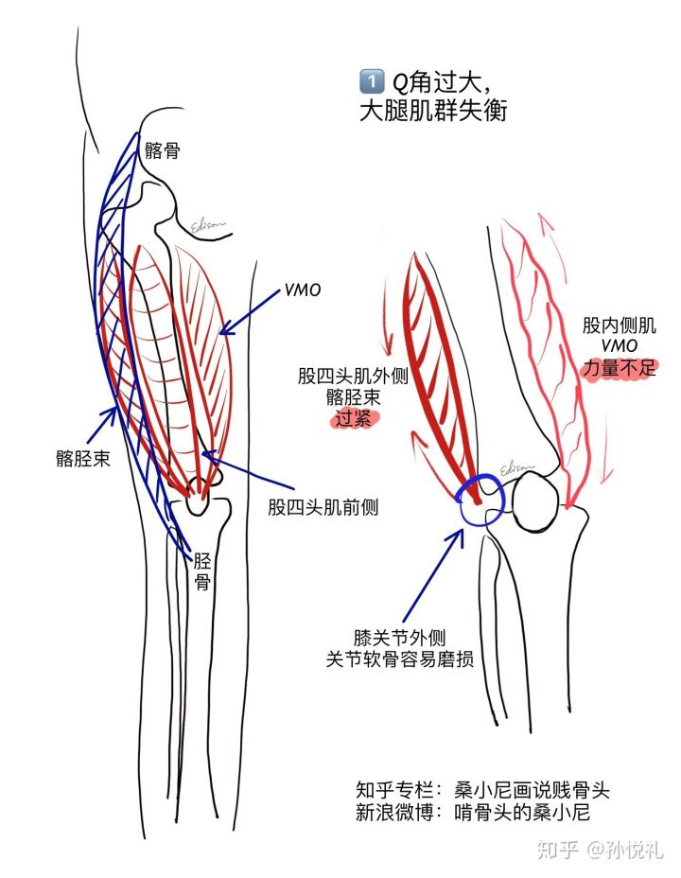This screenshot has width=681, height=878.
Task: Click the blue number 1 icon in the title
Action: coord(371,81)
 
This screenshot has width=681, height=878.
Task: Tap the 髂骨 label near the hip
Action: coord(163,150)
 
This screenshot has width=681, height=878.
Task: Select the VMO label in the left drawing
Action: coord(302,290)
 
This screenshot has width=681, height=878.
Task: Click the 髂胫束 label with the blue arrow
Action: coord(83,459)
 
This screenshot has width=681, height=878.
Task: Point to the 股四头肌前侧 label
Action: coord(323,507)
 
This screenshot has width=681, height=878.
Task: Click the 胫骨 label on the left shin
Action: coord(202,571)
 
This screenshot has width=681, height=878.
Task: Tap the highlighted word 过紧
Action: coord(354,418)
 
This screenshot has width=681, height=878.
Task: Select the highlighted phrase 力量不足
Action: coord(619,368)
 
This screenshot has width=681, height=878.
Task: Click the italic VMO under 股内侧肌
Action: coord(620,345)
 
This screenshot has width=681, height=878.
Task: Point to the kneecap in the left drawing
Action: coord(199,497)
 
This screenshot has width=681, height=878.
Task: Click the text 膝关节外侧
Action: coord(399,638)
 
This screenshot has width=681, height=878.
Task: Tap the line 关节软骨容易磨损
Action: coord(399,658)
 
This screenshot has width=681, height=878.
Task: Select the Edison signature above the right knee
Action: coord(515,467)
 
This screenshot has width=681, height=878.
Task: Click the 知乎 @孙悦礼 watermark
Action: coord(600,850)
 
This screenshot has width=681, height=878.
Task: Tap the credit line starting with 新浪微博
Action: coord(473,812)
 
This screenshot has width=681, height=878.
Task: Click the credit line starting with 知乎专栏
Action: coord(482,790)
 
